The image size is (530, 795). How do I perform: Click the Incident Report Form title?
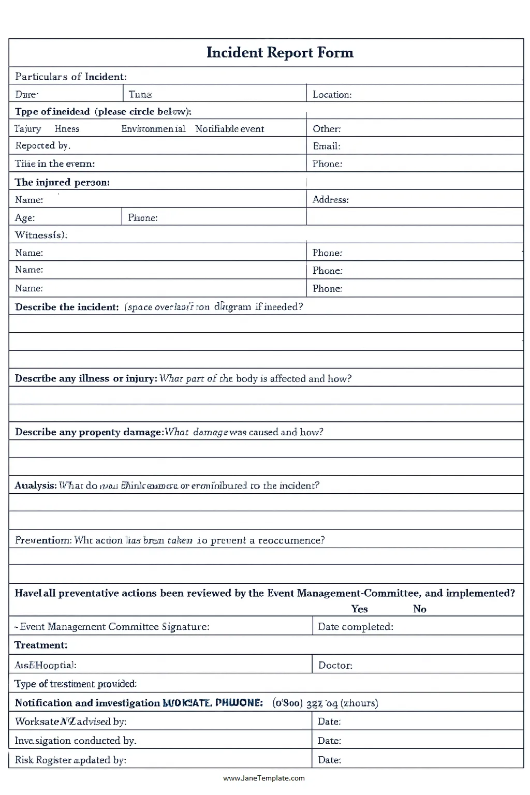click(279, 53)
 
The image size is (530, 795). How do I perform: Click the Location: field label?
click(332, 95)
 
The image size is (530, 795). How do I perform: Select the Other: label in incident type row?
click(327, 129)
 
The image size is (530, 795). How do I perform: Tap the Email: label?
click(327, 146)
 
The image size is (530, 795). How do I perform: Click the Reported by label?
click(42, 146)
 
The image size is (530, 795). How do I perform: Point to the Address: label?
click(330, 200)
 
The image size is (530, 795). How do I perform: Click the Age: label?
click(25, 218)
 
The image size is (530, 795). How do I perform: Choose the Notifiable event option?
click(229, 129)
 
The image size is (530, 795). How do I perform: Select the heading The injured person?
click(62, 182)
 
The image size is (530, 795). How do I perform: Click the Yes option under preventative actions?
click(359, 609)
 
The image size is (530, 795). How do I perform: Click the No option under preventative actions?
click(419, 609)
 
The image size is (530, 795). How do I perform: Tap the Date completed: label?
click(356, 627)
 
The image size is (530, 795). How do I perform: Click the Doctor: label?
click(335, 666)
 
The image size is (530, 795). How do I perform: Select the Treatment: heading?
click(41, 645)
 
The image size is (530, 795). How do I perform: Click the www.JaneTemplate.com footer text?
click(264, 778)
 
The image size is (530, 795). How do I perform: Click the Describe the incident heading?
click(67, 307)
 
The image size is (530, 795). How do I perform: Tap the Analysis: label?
click(35, 485)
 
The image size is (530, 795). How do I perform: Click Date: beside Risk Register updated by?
click(329, 760)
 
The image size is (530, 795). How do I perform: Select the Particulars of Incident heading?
click(70, 77)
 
